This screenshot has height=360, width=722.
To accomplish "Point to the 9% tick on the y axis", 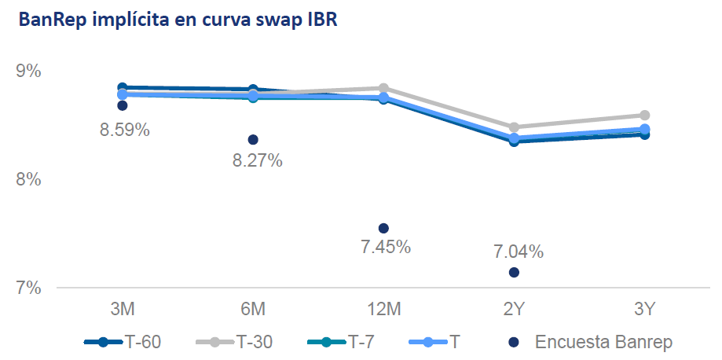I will [x=28, y=72].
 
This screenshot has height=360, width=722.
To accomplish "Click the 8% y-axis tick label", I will [x=28, y=180].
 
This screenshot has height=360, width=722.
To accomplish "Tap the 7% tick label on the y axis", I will [x=28, y=288].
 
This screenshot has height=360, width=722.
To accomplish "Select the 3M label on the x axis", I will [x=122, y=310].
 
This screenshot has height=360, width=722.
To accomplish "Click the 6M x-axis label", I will [x=253, y=310].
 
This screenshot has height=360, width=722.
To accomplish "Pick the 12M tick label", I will [x=383, y=310].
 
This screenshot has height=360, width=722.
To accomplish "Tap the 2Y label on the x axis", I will [x=514, y=310].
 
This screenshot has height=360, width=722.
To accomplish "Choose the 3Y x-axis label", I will [x=644, y=310].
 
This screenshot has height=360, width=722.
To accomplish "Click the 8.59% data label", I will [x=124, y=130].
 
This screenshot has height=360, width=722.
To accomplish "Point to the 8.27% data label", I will [x=258, y=160].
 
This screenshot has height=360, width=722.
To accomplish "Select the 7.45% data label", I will [x=386, y=247].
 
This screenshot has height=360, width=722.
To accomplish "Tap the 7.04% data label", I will [x=519, y=252].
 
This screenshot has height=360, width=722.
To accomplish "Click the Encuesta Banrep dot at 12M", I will [x=383, y=228].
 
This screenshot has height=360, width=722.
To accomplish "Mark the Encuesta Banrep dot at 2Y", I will [x=514, y=272].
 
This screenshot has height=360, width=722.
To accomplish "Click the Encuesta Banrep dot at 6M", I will [x=253, y=139].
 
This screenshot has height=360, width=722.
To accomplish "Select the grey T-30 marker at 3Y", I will [x=644, y=116].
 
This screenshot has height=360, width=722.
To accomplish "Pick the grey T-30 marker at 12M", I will [x=383, y=88].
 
